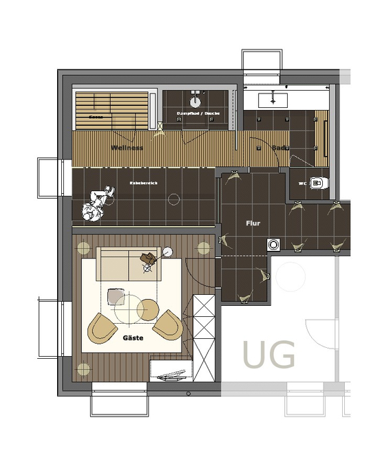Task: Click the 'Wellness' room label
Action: pyautogui.click(x=127, y=148)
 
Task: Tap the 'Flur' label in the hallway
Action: pyautogui.click(x=253, y=223)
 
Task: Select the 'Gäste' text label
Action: pyautogui.click(x=133, y=338)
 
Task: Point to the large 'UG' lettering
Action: pyautogui.click(x=269, y=355)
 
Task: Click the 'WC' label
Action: pyautogui.click(x=302, y=184)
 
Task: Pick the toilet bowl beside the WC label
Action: pyautogui.click(x=317, y=183)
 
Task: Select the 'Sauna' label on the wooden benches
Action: pyautogui.click(x=96, y=118)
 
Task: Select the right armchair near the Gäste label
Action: pyautogui.click(x=167, y=324)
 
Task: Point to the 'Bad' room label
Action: pyautogui.click(x=278, y=148)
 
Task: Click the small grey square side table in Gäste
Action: pyautogui.click(x=116, y=297)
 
